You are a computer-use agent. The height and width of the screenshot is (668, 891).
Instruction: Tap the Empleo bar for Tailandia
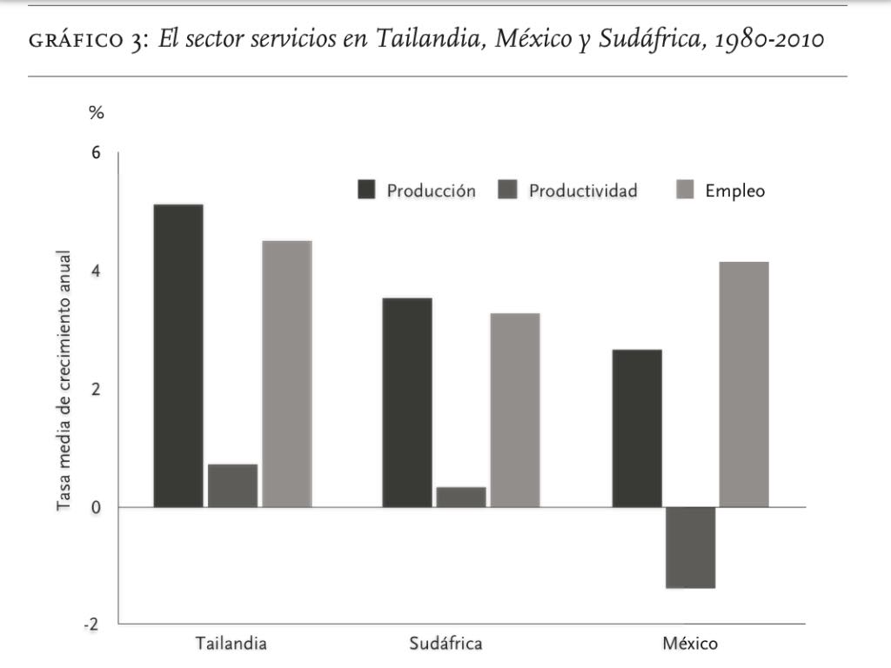point(286,373)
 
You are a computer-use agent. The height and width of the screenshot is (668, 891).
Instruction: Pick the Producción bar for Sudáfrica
point(407,402)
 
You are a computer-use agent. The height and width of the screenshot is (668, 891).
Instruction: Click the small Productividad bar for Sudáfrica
point(461,497)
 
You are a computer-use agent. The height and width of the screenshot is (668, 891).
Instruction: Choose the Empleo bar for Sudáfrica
point(514,410)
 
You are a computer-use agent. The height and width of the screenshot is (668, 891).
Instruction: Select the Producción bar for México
point(637,428)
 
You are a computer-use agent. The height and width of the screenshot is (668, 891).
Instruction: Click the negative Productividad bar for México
point(691,547)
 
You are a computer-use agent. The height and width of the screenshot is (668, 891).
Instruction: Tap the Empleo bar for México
point(744,384)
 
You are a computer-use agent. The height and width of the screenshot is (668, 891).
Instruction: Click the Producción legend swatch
point(367,190)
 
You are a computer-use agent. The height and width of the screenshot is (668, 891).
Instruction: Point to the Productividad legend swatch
point(509,190)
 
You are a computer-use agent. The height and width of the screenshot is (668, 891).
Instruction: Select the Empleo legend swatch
point(685,190)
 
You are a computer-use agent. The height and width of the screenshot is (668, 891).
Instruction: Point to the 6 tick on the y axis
point(96,153)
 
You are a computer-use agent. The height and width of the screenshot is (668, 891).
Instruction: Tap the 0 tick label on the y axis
point(96,507)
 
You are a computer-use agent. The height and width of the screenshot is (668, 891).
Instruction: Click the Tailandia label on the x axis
point(231,645)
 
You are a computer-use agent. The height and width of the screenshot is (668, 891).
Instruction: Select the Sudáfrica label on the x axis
point(445,645)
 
